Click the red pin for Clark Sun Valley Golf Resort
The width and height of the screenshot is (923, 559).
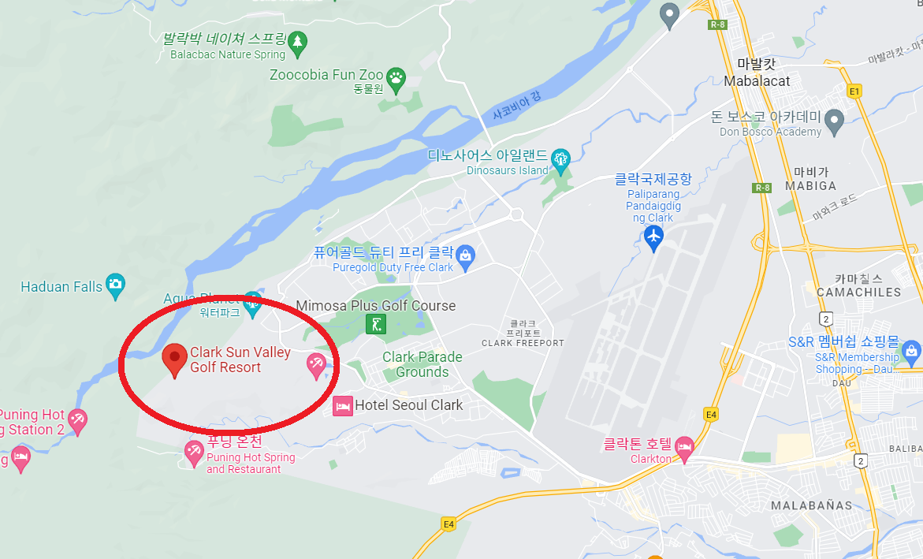174,360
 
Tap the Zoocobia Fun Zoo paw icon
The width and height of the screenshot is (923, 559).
395,76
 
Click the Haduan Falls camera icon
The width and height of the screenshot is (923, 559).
116,285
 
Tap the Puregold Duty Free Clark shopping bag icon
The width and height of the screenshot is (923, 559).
466,255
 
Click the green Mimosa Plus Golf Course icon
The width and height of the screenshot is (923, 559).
376,323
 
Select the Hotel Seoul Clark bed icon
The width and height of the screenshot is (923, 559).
342,406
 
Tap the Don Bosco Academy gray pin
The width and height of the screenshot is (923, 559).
834,121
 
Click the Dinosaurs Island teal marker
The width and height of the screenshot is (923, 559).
560,158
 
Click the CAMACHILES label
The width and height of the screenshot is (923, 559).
858,292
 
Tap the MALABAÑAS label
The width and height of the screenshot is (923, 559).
811,505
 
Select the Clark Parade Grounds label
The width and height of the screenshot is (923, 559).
422,364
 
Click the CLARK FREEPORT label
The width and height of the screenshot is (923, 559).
523,342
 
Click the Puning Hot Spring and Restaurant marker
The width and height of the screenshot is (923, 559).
194,453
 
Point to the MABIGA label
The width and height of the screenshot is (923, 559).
810,186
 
